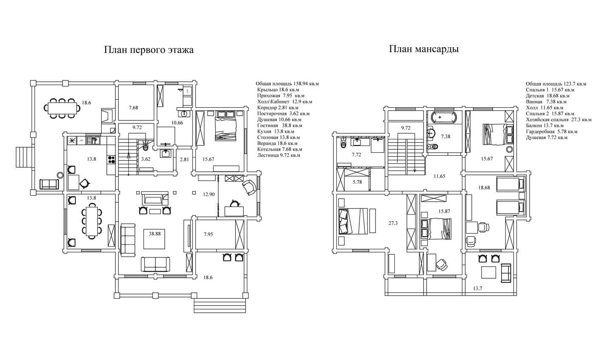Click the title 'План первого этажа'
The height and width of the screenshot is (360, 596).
149,50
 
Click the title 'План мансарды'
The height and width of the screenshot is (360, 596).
424,49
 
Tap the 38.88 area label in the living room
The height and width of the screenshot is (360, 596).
155,234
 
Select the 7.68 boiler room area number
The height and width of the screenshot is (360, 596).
133,108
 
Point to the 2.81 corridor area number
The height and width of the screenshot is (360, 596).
184,160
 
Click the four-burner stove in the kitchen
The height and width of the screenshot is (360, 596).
112,159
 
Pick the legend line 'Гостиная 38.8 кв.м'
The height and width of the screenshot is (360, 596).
280,126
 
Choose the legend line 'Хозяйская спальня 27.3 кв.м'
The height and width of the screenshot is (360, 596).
559,120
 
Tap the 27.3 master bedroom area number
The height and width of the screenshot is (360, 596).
393,223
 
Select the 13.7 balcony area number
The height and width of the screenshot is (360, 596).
478,288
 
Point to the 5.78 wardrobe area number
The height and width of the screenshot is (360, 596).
357,182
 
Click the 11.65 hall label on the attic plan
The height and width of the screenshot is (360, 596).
439,176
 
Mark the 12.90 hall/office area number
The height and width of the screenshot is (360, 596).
209,194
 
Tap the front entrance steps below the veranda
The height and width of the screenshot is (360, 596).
220,306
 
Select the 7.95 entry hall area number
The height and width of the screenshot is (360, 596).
208,234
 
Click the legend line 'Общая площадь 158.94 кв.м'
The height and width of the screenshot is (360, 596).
287,83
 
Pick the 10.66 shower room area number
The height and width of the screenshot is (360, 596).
177,123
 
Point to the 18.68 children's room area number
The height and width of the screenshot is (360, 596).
484,188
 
